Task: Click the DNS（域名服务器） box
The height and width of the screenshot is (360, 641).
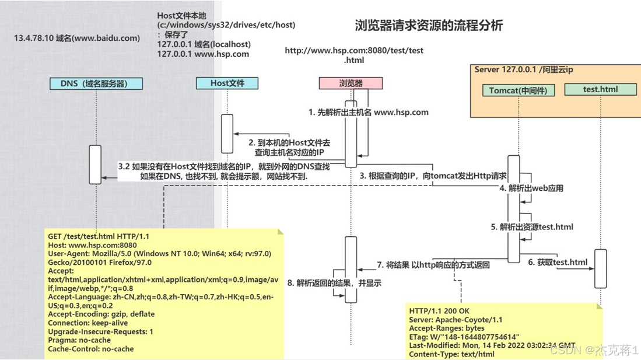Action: click(96, 83)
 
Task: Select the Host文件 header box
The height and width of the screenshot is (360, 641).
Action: click(227, 83)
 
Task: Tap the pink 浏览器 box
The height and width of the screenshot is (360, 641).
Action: click(351, 83)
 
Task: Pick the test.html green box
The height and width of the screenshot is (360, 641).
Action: click(600, 89)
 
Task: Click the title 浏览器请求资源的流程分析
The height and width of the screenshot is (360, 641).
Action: click(429, 26)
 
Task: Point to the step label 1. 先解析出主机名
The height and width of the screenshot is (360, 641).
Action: click(369, 112)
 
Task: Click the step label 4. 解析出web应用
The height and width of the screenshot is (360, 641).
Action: click(531, 188)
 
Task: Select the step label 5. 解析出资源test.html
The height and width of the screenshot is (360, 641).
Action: click(531, 227)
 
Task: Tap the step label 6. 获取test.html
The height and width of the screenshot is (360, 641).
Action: click(558, 263)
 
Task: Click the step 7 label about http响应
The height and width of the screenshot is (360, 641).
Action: click(433, 265)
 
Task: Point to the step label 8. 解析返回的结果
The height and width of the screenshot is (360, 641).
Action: click(334, 283)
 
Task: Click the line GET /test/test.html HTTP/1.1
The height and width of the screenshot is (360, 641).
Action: click(99, 236)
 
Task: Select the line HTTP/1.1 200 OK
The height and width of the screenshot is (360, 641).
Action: click(439, 311)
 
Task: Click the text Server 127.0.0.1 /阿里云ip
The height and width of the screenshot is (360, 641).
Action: click(523, 69)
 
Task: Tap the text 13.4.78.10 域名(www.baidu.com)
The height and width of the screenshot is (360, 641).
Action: click(77, 39)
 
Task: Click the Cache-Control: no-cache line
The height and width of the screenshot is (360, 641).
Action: click(90, 349)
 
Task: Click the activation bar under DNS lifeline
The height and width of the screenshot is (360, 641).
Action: click(95, 165)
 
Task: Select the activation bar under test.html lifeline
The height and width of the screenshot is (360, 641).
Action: click(600, 268)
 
